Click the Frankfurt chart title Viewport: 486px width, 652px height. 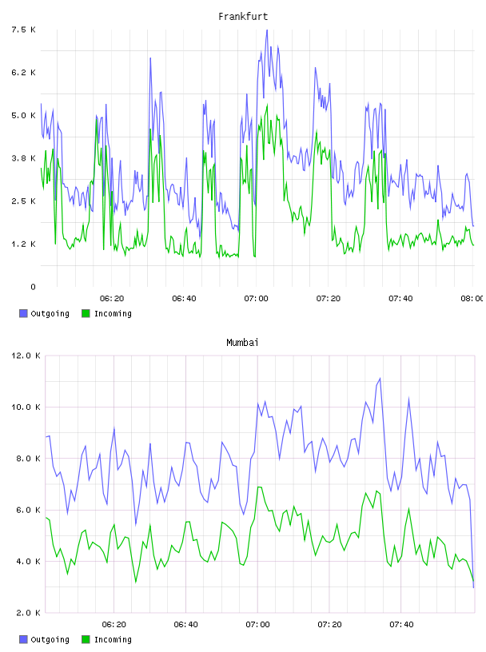tap(243, 17)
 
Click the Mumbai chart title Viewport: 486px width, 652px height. tap(242, 343)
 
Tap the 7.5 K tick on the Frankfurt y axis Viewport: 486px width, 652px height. tap(23, 30)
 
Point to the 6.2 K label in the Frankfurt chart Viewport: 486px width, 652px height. tap(23, 73)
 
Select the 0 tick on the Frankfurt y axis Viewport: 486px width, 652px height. tap(33, 287)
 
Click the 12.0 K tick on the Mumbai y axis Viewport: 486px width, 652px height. tap(26, 356)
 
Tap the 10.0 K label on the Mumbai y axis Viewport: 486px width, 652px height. tap(26, 407)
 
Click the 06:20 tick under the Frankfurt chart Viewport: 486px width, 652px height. tap(112, 299)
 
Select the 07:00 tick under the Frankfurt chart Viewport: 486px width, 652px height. tap(257, 299)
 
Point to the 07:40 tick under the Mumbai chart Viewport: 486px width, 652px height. tap(401, 625)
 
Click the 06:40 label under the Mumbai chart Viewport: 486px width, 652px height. tap(185, 625)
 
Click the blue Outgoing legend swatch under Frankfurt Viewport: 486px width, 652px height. tap(23, 313)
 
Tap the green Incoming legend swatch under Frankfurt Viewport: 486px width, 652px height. tap(86, 313)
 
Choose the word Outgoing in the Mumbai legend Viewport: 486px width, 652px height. tap(50, 639)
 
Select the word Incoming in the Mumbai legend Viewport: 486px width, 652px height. tap(113, 639)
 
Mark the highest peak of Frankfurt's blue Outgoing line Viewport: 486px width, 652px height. tap(267, 30)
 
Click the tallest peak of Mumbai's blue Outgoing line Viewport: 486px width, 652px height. tap(380, 379)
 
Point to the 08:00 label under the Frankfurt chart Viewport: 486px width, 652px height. tap(472, 299)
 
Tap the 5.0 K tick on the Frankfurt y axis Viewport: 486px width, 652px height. tap(23, 115)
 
